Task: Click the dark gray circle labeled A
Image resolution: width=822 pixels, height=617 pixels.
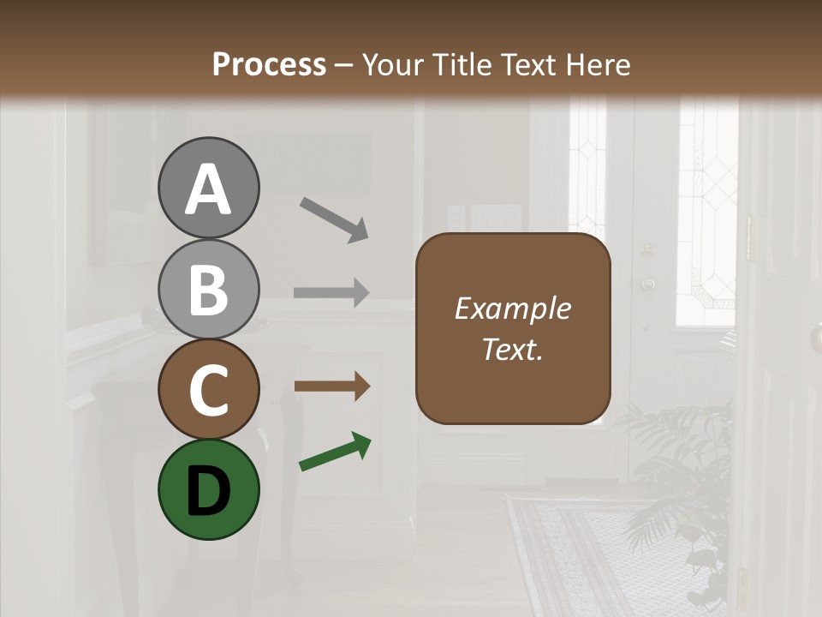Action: click(x=208, y=188)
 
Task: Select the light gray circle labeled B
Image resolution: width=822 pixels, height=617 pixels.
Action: click(x=208, y=289)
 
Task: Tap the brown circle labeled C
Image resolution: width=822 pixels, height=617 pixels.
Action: click(x=208, y=389)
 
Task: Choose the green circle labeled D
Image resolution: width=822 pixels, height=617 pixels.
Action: click(x=208, y=489)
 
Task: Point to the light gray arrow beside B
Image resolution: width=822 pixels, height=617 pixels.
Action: click(x=331, y=292)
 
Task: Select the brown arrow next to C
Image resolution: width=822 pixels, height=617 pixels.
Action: click(x=331, y=386)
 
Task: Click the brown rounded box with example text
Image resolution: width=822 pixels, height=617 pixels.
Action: click(x=513, y=328)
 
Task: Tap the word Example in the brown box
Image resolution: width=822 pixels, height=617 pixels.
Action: click(x=513, y=308)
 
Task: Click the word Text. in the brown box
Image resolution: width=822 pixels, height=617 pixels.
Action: click(x=513, y=349)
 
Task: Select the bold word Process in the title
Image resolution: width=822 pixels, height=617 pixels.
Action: click(x=269, y=64)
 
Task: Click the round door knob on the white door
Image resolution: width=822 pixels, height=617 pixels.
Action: click(x=648, y=283)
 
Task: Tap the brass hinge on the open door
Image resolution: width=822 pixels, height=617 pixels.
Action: click(x=752, y=237)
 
